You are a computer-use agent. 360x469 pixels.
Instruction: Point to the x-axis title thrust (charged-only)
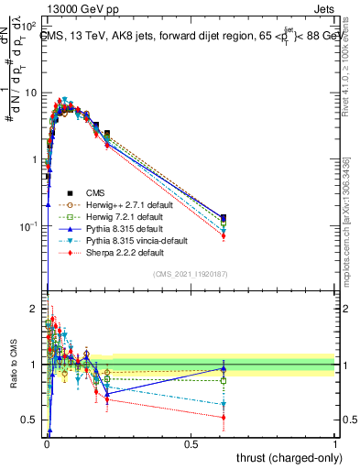click(x=287, y=457)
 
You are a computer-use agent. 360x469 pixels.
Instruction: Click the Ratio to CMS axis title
click(x=13, y=366)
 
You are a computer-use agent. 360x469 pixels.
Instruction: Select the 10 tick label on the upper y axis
click(x=30, y=93)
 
